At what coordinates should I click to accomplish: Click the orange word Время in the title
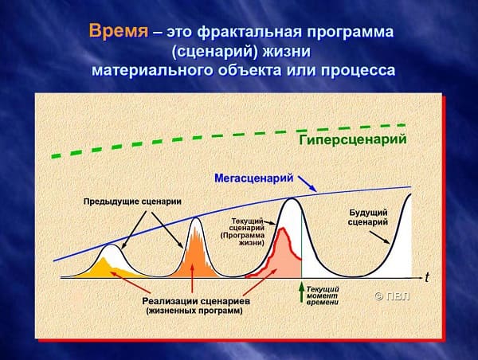coord(119,31)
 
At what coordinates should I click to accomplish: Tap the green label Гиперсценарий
coord(353,140)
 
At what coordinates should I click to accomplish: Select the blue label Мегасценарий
coord(254,178)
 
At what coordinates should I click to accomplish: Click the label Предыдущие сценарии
coord(132,202)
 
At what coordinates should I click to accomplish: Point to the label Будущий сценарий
coord(368,217)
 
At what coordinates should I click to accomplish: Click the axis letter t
coord(427,277)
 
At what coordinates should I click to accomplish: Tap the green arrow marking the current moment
coord(301,292)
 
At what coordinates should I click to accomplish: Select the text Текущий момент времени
coord(323,295)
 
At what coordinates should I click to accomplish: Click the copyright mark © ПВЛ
coord(392,296)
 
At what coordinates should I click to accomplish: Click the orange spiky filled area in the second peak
coord(194,256)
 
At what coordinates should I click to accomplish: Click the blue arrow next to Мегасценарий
coord(308,184)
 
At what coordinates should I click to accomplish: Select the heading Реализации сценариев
coord(196,301)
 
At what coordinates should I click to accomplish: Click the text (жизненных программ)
coord(194,311)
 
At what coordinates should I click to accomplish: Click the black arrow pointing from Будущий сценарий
coord(379,237)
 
